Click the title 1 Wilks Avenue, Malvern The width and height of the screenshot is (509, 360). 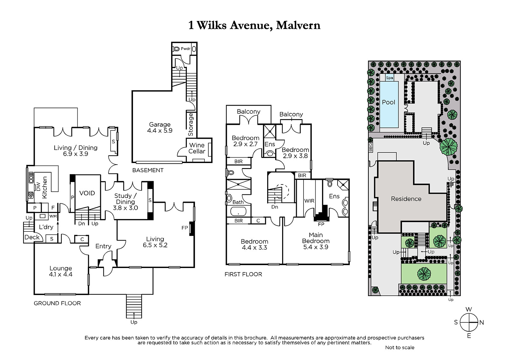click(x=254, y=25)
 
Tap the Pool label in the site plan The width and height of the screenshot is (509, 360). click(x=388, y=102)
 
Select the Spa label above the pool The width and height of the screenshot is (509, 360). click(x=389, y=78)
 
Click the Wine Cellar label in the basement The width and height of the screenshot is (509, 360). click(x=197, y=148)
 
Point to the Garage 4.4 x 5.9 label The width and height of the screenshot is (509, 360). click(x=160, y=127)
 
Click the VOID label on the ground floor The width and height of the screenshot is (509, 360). click(x=87, y=193)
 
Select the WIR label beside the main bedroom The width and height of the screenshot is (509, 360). click(x=309, y=201)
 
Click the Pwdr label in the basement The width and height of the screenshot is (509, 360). click(x=185, y=49)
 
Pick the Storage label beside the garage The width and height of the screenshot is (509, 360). click(x=191, y=124)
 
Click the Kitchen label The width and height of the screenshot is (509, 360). click(x=45, y=187)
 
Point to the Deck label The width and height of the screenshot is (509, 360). click(x=32, y=237)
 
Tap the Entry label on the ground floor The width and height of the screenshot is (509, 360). click(x=103, y=246)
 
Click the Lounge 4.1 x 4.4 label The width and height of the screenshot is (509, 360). click(x=61, y=271)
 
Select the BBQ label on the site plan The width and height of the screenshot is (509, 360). click(x=371, y=147)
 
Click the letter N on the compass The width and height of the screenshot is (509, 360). click(x=482, y=322)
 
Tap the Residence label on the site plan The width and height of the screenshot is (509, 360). click(x=406, y=199)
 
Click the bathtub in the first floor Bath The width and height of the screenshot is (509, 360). click(x=238, y=212)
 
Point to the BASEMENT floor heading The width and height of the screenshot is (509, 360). click(x=148, y=170)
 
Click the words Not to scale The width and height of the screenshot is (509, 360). click(x=400, y=348)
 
